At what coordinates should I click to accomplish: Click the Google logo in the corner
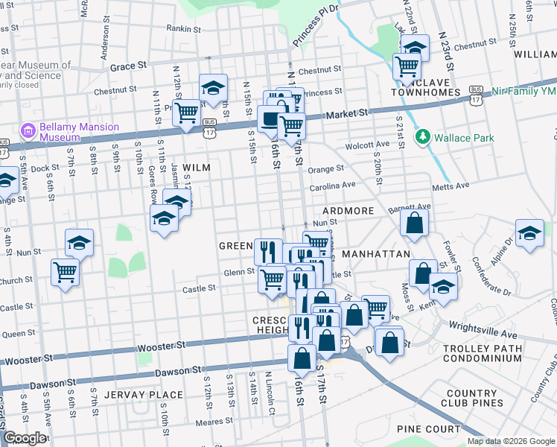(25, 439)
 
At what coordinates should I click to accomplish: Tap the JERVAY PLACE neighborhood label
(144, 394)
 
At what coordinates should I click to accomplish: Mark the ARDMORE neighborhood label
(348, 211)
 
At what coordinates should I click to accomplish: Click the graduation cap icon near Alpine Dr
(529, 233)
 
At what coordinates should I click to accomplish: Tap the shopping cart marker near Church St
(66, 272)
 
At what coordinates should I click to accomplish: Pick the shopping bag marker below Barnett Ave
(414, 222)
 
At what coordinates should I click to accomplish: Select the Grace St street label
(128, 66)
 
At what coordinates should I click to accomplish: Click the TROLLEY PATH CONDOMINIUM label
(503, 353)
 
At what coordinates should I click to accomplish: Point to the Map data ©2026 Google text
(510, 441)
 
